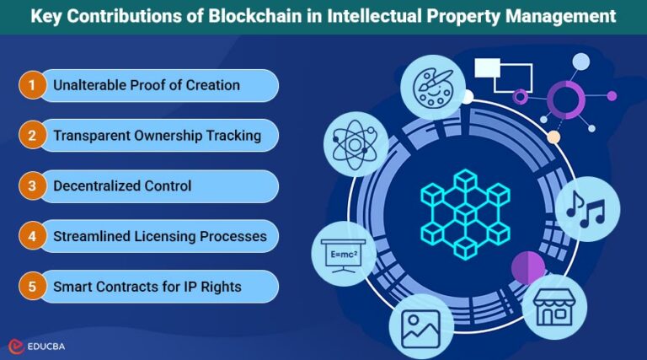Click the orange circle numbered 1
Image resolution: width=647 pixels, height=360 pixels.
coord(32,85)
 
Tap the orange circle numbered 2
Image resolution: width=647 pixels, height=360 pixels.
coord(32,135)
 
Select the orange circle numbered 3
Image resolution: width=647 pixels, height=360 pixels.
coord(32,185)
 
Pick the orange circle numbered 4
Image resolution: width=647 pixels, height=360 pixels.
coord(32,236)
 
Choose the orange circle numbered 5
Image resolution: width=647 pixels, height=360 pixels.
coord(32,287)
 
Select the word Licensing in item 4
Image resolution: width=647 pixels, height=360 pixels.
coord(169,236)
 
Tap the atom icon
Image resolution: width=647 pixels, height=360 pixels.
coord(356,142)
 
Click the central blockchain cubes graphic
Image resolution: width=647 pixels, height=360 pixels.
coord(465,207)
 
